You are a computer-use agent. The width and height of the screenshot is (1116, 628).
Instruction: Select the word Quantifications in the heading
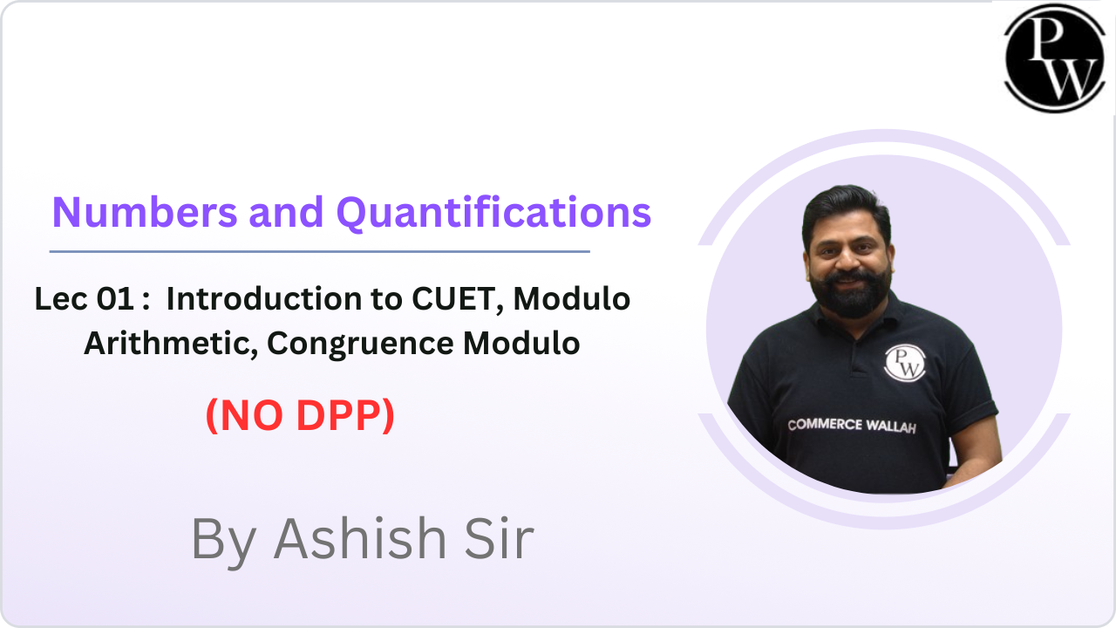(494, 212)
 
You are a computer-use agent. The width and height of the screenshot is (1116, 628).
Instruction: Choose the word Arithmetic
(169, 344)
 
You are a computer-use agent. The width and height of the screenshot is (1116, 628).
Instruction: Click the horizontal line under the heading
(319, 251)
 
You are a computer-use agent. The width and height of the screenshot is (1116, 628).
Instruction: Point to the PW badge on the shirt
(904, 362)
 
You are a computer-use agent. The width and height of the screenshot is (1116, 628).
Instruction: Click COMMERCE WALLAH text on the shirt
(851, 426)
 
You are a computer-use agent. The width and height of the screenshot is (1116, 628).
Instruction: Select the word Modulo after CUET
(571, 299)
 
